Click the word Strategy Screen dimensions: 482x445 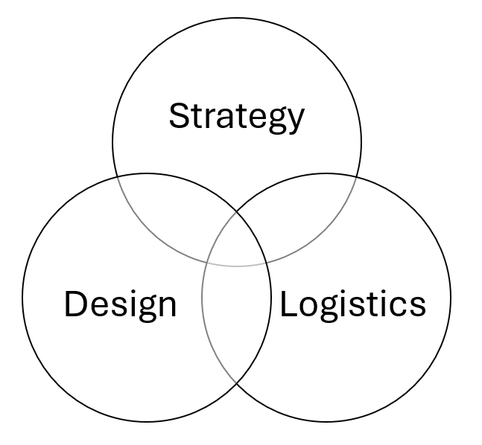[237, 116]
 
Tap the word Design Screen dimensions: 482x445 [120, 304]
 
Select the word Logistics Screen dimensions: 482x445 [352, 304]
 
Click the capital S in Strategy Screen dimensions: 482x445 [179, 116]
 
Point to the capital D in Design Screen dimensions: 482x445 [74, 304]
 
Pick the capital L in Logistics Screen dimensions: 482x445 [287, 304]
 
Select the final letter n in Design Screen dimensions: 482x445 [167, 307]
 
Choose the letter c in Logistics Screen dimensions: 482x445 [401, 307]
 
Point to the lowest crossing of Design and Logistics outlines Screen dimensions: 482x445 [237, 382]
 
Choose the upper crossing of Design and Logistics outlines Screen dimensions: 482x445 [237, 212]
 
